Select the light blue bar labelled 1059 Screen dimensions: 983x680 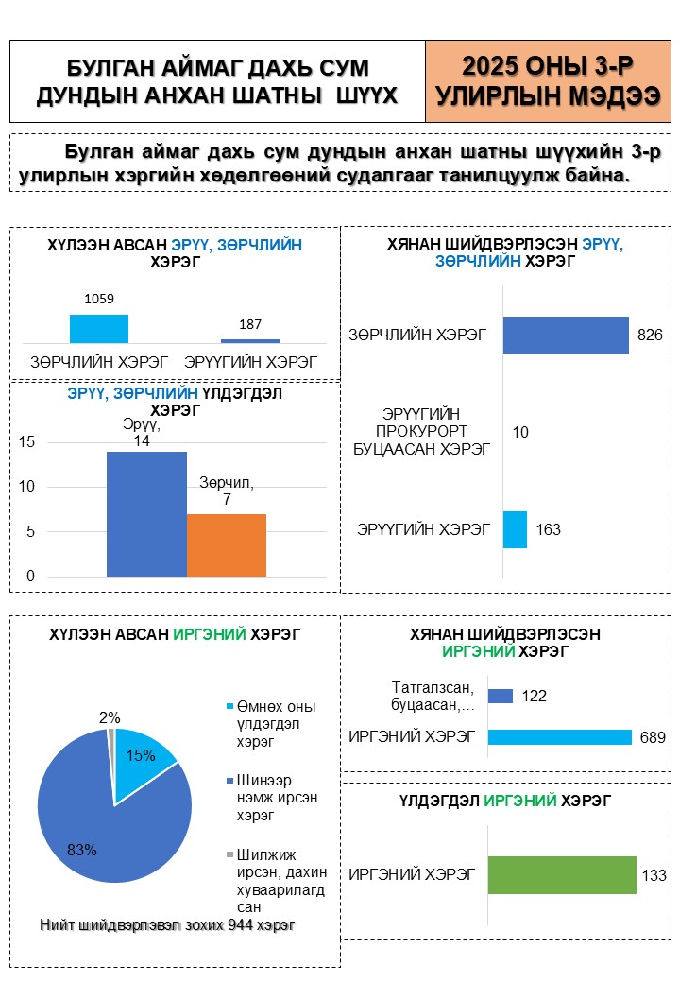point(99,328)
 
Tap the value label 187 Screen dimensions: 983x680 point(250,324)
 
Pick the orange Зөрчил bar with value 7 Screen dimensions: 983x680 point(227,544)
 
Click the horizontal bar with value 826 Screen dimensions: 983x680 point(566,335)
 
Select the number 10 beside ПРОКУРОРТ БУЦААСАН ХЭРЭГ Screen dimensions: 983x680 point(520,432)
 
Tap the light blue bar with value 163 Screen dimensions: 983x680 point(515,529)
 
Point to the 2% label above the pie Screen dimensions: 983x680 point(110,718)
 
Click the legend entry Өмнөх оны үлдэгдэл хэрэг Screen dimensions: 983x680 point(274,724)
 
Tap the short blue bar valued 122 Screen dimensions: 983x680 point(501,697)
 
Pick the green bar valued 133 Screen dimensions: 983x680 point(562,875)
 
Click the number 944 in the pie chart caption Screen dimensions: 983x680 point(241,925)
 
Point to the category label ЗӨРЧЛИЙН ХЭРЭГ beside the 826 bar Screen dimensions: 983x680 point(417,335)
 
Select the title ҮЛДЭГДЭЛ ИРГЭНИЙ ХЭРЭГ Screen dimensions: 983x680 point(504,802)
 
